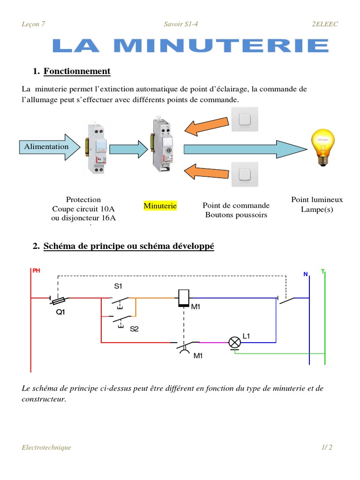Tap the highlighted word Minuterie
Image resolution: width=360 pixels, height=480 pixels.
pos(160,206)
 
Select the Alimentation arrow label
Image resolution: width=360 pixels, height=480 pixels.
pos(46,146)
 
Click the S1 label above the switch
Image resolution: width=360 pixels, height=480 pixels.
pos(118,286)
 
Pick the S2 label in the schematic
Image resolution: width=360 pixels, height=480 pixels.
pos(135,329)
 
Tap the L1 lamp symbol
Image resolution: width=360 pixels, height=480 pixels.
pos(234,342)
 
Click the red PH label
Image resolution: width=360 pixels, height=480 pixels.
pos(36,270)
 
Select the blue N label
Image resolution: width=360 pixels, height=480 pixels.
pos(305,274)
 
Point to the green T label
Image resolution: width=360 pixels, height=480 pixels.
pos(322,271)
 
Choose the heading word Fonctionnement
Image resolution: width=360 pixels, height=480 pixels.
pos(77,71)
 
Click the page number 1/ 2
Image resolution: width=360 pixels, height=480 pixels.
pos(327,447)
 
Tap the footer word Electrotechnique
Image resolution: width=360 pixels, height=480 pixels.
pos(46,447)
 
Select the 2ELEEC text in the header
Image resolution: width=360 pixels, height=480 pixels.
pos(325,24)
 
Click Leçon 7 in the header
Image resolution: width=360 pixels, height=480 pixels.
pos(33,24)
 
